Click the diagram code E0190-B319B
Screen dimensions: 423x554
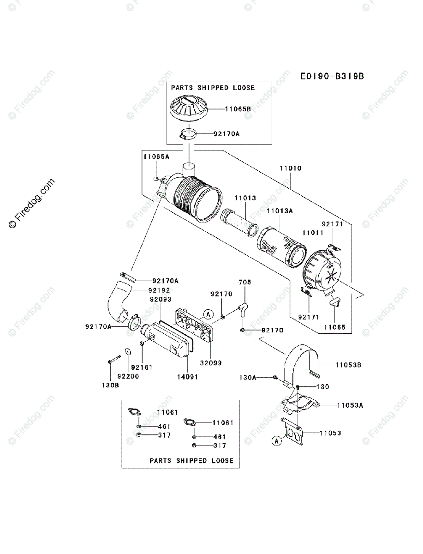(x=332, y=76)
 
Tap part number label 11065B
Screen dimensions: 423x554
(x=238, y=109)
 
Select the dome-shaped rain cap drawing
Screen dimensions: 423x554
(x=189, y=108)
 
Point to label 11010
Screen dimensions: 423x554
(x=291, y=168)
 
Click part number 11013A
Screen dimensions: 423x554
(x=280, y=211)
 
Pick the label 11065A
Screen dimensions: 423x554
(x=156, y=157)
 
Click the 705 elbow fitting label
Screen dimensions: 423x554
(x=245, y=282)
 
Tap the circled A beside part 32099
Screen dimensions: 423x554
(x=208, y=314)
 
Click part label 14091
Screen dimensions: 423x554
(x=188, y=377)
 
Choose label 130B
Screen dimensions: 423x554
(x=110, y=385)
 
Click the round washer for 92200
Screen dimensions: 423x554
(x=128, y=351)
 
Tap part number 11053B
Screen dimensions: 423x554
(x=348, y=365)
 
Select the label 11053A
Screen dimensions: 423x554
(x=350, y=405)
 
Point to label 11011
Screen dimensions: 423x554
(x=313, y=233)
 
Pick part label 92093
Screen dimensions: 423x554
(x=161, y=299)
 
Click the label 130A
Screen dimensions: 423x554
(x=248, y=378)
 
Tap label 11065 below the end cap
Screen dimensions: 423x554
(x=334, y=327)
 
